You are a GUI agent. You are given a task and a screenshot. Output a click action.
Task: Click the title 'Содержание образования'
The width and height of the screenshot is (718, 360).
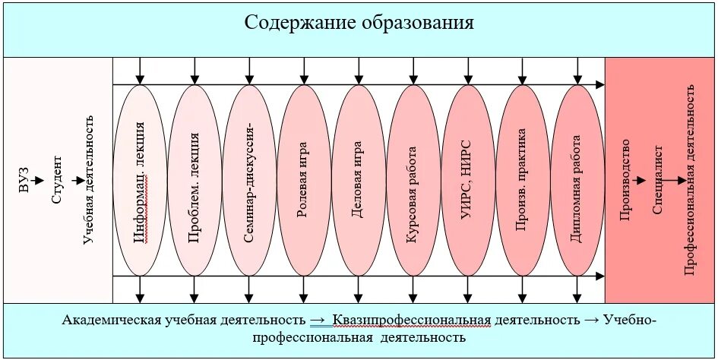click(x=359, y=23)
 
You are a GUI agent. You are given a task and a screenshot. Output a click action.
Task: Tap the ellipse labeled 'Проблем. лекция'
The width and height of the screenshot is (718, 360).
click(x=195, y=181)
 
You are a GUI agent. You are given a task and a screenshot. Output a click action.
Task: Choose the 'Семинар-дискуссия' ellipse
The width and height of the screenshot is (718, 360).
click(x=249, y=181)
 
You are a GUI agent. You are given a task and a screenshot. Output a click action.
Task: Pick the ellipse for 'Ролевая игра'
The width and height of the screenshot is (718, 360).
click(x=303, y=181)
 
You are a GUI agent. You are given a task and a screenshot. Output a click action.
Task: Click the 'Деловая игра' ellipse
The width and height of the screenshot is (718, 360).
click(x=358, y=181)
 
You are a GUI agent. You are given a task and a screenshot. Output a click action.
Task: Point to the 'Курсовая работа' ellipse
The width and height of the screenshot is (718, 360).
click(x=413, y=181)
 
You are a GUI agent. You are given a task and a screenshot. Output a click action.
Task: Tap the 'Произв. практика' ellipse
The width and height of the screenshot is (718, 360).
click(x=522, y=181)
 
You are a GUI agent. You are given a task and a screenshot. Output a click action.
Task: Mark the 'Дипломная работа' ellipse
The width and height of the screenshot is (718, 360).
click(x=577, y=181)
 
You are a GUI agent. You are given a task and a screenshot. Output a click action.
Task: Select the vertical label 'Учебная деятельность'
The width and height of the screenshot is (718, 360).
click(x=89, y=180)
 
